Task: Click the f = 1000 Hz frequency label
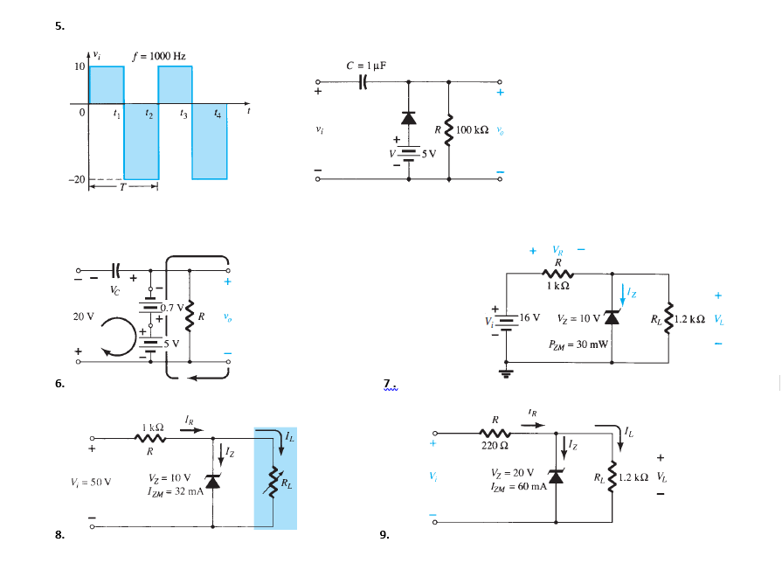(x=158, y=57)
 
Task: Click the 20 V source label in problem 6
(x=83, y=316)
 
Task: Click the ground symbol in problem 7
(x=506, y=372)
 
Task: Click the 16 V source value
(x=530, y=316)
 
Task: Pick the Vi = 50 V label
(x=90, y=481)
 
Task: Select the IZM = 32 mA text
(x=176, y=490)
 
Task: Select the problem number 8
(x=59, y=536)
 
